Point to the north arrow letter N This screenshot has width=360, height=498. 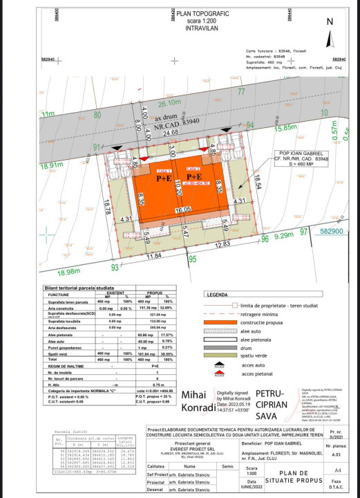point(330,21)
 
